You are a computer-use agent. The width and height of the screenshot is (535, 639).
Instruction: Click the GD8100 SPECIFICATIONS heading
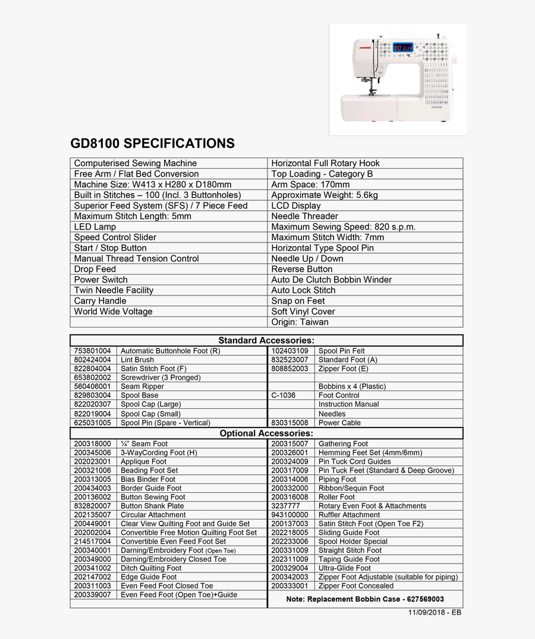[x=152, y=143]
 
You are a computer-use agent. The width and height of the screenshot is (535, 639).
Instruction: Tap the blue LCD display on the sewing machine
[x=403, y=47]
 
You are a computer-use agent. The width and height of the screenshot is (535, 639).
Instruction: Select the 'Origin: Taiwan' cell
[x=300, y=322]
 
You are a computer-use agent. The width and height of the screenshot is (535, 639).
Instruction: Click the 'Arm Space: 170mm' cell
[x=310, y=184]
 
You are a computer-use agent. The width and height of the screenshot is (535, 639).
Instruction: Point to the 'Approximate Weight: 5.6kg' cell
[x=324, y=195]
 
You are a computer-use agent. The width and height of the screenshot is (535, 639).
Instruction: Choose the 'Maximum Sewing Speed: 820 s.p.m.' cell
[x=343, y=226]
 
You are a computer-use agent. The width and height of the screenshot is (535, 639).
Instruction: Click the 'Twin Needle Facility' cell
[x=114, y=290]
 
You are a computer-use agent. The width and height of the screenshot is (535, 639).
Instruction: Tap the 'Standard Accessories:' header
[x=266, y=341]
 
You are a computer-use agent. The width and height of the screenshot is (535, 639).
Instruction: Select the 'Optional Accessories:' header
[x=266, y=433]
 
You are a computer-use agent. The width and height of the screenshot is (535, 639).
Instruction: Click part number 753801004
[x=92, y=351]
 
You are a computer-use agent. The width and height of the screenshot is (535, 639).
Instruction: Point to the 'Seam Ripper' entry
[x=142, y=386]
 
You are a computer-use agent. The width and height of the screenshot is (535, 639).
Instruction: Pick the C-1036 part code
[x=283, y=395]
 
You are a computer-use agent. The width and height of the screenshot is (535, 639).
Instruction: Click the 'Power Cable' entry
[x=340, y=423]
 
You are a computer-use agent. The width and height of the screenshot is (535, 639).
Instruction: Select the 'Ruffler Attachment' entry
[x=349, y=515]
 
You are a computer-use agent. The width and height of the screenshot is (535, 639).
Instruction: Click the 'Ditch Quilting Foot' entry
[x=151, y=568]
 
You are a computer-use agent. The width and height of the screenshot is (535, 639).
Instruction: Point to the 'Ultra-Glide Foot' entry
[x=344, y=568]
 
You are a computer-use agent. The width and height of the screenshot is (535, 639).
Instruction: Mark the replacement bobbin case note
[x=365, y=599]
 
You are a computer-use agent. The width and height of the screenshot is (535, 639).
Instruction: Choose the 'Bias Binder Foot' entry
[x=148, y=479]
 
